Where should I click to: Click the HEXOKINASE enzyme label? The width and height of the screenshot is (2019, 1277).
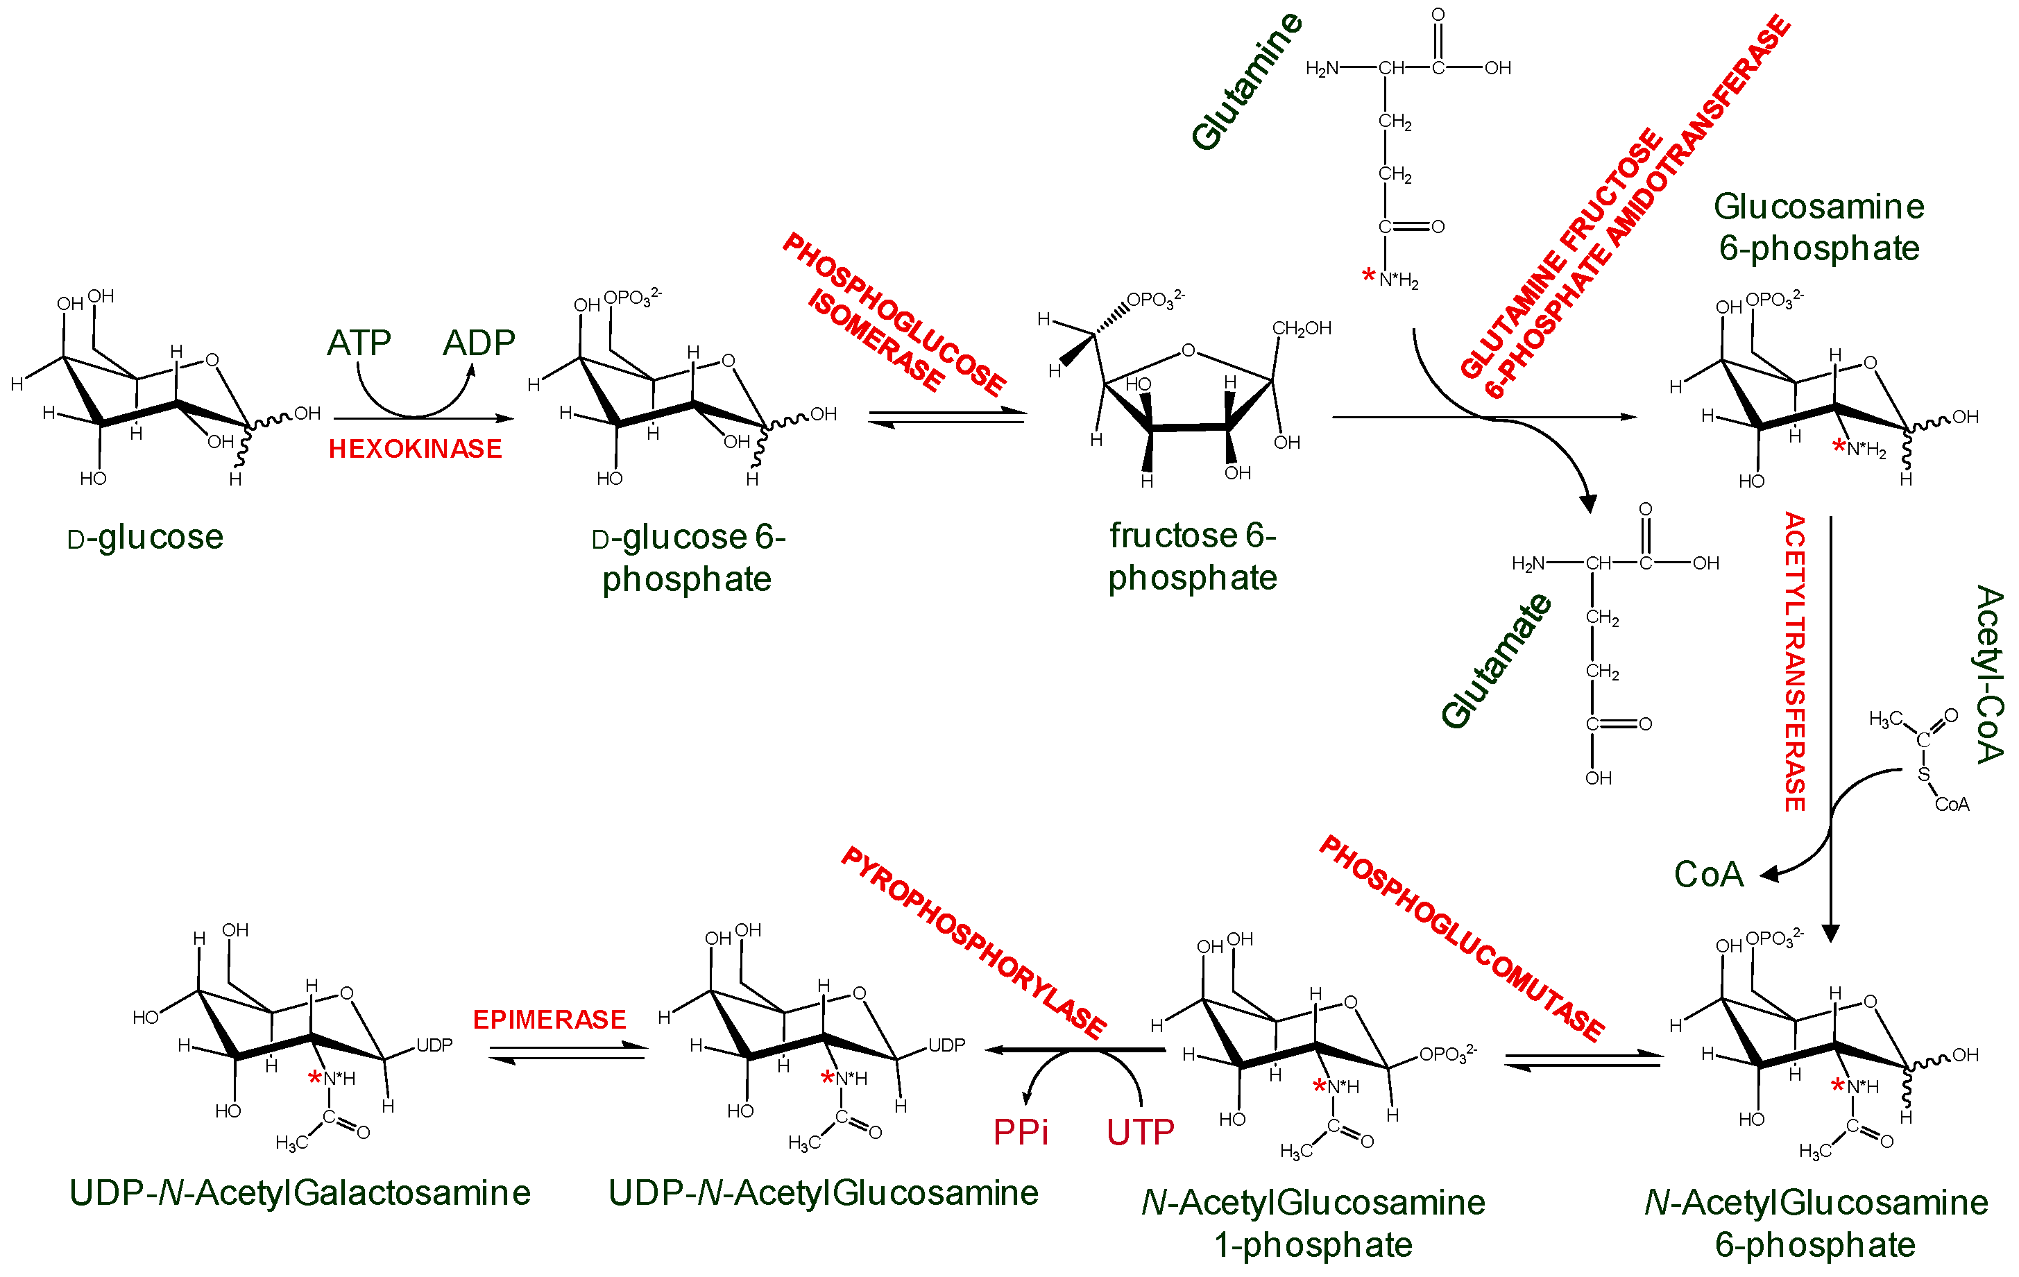[x=415, y=449]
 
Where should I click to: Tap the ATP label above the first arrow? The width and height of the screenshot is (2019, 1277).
[x=359, y=343]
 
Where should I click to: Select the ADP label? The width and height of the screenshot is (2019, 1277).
[x=479, y=343]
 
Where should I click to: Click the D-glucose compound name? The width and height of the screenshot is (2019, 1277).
[x=145, y=538]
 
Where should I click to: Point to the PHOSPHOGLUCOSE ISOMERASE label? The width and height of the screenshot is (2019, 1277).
[x=894, y=314]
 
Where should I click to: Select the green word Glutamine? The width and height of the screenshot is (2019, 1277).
[x=1247, y=82]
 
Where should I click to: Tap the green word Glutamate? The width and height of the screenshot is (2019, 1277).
[x=1496, y=661]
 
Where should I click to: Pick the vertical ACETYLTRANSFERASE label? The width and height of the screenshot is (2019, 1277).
[x=1794, y=662]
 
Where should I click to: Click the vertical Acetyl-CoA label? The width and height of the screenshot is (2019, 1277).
[x=1988, y=675]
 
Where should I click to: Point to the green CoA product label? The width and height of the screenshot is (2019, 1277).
[x=1708, y=875]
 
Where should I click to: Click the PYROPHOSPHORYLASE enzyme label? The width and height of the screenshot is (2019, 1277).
[x=973, y=943]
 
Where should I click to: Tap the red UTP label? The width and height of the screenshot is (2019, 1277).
[x=1139, y=1133]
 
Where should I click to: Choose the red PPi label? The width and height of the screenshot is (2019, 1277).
[x=1021, y=1133]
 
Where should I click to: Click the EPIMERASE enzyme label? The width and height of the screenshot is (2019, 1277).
[x=550, y=1020]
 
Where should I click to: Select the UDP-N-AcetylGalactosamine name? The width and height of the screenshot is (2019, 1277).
[x=299, y=1193]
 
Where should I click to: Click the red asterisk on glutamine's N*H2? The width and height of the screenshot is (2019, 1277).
[x=1368, y=275]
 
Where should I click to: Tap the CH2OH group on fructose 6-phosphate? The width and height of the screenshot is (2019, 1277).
[x=1302, y=329]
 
